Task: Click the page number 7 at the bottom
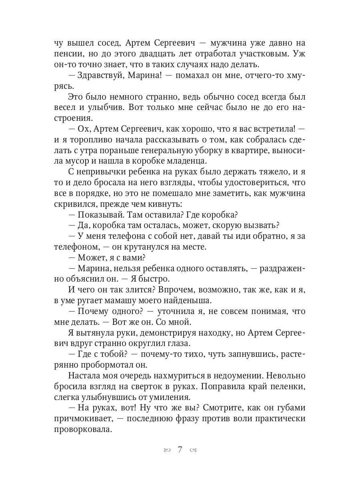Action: pos(180,450)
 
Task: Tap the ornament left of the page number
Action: pos(167,450)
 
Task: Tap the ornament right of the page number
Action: pos(193,450)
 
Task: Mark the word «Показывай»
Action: pos(99,215)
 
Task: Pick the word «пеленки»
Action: pos(289,386)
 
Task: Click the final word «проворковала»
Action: pos(84,429)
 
